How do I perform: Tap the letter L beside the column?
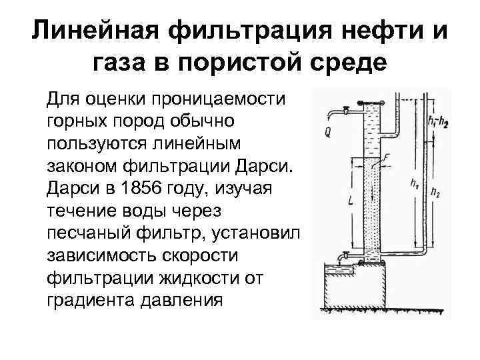351,199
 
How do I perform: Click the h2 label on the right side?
435,193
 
